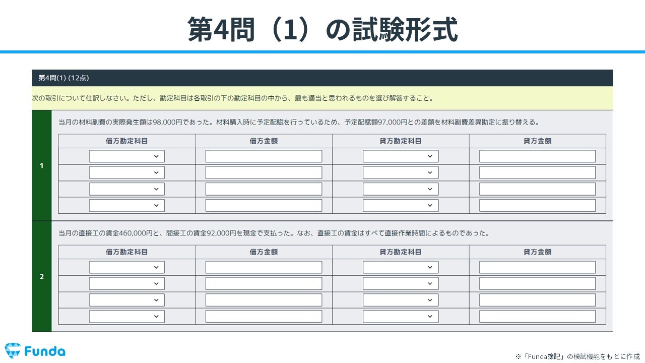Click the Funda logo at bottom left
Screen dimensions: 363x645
35,351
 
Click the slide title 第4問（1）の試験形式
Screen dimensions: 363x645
322,29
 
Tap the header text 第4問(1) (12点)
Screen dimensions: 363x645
64,78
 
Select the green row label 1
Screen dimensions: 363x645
42,166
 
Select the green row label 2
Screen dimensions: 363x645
42,276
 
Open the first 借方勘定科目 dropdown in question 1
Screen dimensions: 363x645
127,156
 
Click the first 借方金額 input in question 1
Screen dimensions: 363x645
264,156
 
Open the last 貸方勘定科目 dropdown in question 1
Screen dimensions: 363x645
401,205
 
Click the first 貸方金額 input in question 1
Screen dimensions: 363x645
537,156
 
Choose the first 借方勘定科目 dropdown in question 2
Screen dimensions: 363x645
127,267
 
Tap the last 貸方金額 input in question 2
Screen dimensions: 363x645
537,316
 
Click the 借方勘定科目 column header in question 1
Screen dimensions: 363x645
127,141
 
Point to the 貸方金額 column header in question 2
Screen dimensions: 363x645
537,252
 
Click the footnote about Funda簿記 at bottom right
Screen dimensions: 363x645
577,356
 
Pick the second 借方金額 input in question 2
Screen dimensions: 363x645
264,283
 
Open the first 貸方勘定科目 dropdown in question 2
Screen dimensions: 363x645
401,267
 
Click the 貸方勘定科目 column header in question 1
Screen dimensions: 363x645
401,141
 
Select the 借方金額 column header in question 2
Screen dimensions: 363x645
264,252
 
